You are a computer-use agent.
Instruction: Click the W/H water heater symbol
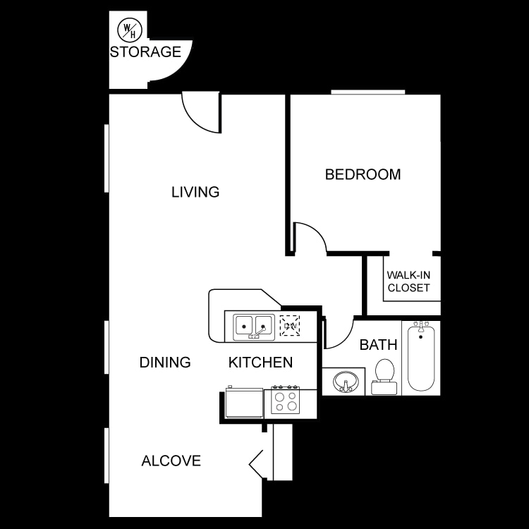(128, 29)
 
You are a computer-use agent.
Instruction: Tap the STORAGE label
(145, 51)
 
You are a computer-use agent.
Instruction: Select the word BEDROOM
(363, 174)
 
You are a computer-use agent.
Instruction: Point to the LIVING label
(195, 192)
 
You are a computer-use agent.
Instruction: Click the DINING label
(165, 363)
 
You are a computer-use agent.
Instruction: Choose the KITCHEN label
(260, 363)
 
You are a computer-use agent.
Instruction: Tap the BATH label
(379, 345)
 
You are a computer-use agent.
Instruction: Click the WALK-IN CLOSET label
(408, 281)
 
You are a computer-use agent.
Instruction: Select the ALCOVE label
(171, 461)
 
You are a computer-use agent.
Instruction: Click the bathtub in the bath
(420, 357)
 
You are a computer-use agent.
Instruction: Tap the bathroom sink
(345, 382)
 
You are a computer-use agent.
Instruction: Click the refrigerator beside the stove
(243, 403)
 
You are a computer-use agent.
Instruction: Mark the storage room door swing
(168, 71)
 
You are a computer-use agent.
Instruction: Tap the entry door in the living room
(201, 113)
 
